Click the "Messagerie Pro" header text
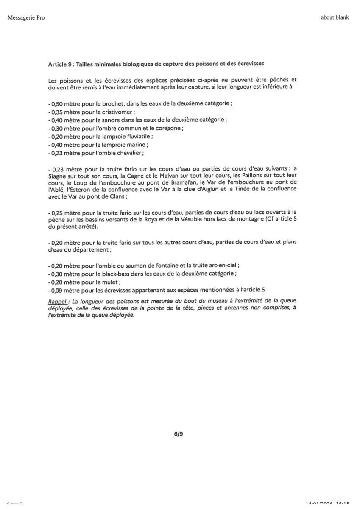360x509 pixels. (x=26, y=18)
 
